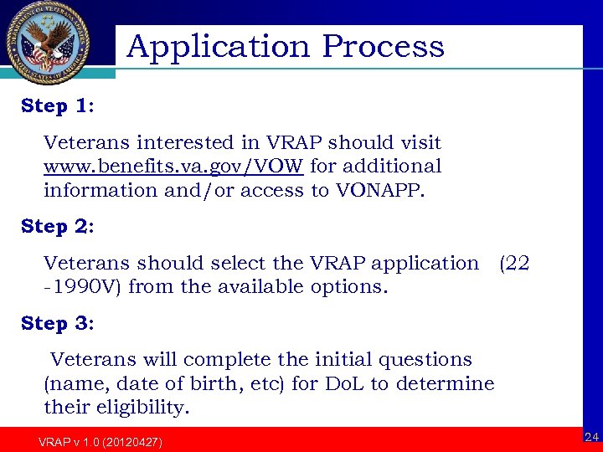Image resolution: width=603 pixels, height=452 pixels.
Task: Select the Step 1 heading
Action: tap(57, 106)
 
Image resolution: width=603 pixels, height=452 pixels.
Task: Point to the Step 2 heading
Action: tap(57, 226)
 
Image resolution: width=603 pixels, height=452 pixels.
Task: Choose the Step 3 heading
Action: tap(57, 322)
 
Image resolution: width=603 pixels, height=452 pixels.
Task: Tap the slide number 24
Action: tap(591, 437)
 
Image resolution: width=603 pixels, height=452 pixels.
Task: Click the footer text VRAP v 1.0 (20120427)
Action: tap(100, 442)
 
